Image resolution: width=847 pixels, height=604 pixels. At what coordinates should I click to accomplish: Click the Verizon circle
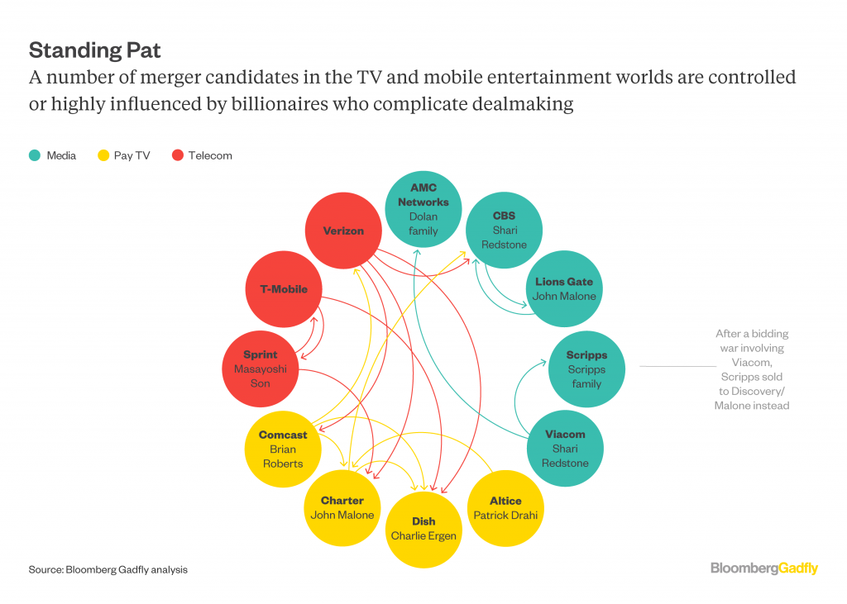[x=342, y=231]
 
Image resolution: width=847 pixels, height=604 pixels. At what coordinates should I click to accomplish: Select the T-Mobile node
[x=284, y=289]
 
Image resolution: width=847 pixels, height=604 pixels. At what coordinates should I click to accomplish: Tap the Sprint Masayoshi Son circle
[x=260, y=369]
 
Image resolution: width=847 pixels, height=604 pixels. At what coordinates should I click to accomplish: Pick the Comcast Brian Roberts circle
[x=282, y=449]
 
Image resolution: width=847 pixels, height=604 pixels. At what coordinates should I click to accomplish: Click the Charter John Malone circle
[x=342, y=507]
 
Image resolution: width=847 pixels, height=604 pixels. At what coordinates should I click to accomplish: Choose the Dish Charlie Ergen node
[x=423, y=529]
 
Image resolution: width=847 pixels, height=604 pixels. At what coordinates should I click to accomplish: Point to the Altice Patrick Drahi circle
[x=505, y=507]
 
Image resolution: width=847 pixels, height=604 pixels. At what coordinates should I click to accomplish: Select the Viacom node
[x=565, y=449]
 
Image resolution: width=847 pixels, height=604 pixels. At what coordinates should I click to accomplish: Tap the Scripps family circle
[x=586, y=369]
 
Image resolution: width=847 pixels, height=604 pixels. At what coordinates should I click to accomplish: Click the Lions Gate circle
[x=565, y=289]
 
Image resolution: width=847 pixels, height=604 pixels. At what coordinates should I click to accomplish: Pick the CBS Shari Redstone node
[x=504, y=231]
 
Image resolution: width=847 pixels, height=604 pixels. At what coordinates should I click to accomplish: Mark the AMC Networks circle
[x=423, y=209]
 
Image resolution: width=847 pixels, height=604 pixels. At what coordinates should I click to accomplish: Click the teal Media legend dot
[x=35, y=155]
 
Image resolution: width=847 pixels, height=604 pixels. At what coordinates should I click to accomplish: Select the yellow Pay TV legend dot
[x=103, y=155]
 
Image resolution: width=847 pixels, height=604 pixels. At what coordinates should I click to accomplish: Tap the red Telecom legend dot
[x=176, y=155]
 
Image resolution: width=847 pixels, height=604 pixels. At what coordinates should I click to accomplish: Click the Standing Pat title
[x=94, y=50]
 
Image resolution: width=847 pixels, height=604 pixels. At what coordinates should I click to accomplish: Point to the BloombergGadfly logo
[x=763, y=568]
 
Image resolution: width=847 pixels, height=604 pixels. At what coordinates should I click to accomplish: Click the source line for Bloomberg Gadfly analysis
[x=108, y=569]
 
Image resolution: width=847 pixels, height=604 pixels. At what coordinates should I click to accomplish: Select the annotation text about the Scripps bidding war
[x=752, y=369]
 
